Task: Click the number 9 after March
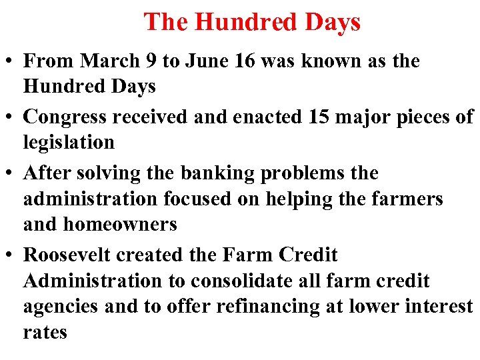tap(148, 61)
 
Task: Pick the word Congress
tap(65, 117)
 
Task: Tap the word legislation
tap(69, 142)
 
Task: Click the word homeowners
tap(120, 224)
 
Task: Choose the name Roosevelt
tap(71, 255)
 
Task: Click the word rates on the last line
tap(45, 333)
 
